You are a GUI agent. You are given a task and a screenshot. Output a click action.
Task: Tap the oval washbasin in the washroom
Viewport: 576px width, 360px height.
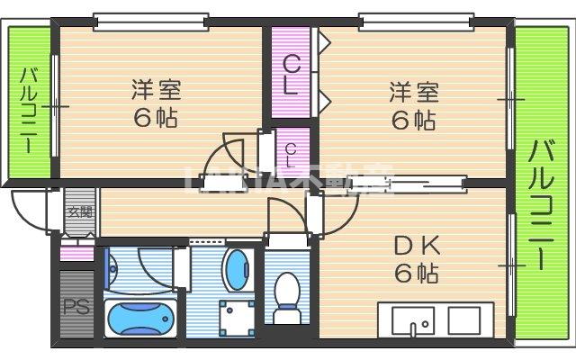pos(235,270)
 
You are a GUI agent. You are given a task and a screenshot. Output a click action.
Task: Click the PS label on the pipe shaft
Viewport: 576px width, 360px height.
pos(75,306)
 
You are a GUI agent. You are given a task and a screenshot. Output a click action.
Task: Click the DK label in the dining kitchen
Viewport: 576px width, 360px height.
pos(415,245)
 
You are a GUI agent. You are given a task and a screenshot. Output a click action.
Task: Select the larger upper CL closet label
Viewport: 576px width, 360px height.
pos(291,75)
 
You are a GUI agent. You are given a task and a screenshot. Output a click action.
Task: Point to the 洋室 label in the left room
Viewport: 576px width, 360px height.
pos(157,90)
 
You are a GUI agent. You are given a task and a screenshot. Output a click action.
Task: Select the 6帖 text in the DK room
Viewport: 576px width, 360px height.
pos(415,273)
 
